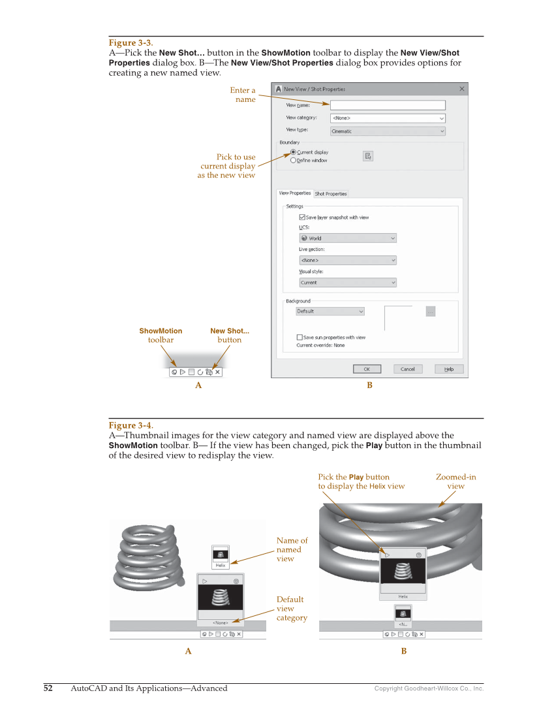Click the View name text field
coord(388,105)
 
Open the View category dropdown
coord(388,118)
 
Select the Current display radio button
coord(294,152)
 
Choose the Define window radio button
coord(294,161)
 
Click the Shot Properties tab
coord(331,194)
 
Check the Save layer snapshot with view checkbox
coord(301,218)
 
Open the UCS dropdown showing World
coord(347,238)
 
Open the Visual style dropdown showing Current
coord(347,283)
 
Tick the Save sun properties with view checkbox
coord(300,338)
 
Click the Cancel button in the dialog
coord(407,369)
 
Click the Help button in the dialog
coord(449,369)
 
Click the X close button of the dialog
coord(462,89)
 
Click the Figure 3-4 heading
coord(131,425)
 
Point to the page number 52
coord(48,688)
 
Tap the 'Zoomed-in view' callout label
coord(455,481)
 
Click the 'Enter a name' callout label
coord(243,95)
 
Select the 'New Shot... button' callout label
coord(230,335)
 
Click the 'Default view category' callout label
coord(291,608)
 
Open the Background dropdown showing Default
coord(330,312)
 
